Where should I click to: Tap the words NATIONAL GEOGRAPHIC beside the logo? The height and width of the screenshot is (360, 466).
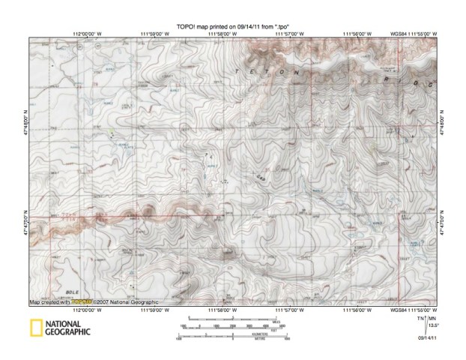(69, 328)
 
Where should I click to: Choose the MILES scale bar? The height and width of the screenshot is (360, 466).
(233, 321)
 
